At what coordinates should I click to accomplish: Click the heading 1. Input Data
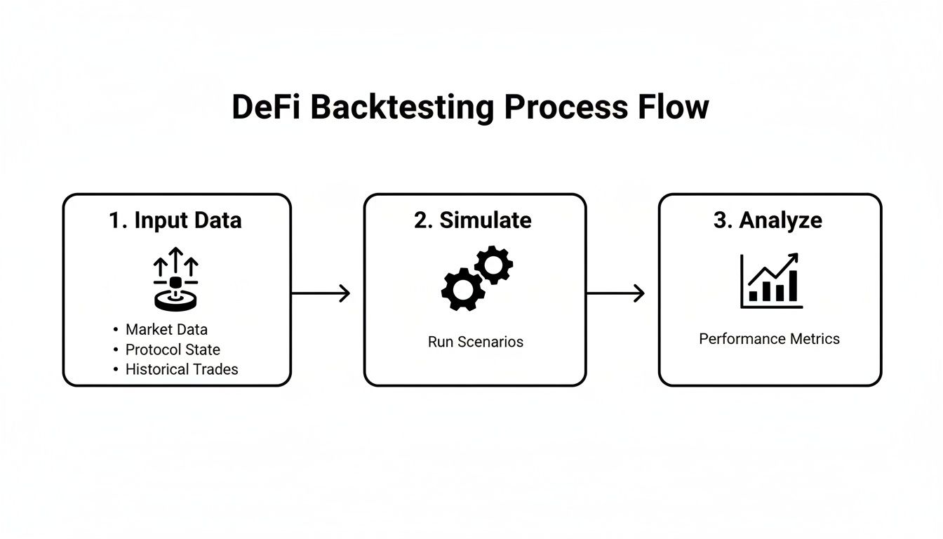pos(175,220)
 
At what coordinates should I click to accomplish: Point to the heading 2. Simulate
pos(473,220)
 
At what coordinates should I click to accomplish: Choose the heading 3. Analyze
pos(768,220)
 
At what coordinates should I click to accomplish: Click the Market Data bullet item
pos(166,329)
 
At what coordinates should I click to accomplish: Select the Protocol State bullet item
pos(173,350)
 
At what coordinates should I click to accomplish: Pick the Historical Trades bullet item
pos(182,369)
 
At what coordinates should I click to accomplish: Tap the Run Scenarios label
pos(475,342)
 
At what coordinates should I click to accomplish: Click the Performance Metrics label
pos(769,339)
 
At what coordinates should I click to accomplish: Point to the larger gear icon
pos(462,288)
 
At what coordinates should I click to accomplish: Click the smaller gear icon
pos(493,265)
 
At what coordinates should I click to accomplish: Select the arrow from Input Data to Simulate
pos(321,293)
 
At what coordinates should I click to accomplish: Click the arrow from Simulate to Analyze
pos(615,293)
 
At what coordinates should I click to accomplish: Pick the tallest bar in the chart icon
pos(793,286)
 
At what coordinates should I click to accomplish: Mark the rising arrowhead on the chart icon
pos(793,258)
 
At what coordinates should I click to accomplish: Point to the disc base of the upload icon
pos(175,300)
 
